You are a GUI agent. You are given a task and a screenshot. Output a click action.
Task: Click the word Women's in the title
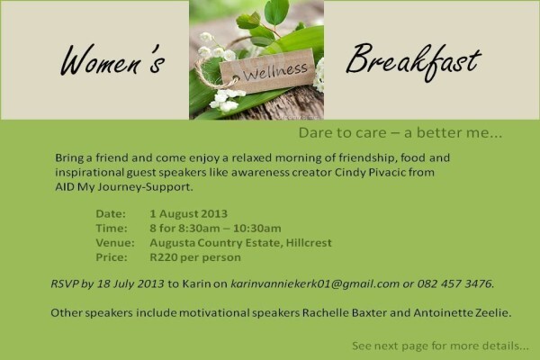coord(112,60)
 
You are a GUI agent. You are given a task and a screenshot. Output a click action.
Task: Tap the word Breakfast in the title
coord(413,62)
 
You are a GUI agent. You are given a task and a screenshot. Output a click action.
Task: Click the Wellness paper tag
coord(267,71)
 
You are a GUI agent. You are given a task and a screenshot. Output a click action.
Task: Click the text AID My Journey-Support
coord(124,187)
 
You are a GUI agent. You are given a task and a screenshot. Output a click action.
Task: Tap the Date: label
coord(111,214)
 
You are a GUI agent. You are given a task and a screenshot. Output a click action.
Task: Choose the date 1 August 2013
coord(188,214)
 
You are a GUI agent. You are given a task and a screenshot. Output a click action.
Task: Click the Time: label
coord(112,229)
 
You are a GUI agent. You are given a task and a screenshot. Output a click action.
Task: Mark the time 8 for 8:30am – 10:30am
coord(215,229)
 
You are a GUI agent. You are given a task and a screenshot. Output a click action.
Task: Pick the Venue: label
coord(115,243)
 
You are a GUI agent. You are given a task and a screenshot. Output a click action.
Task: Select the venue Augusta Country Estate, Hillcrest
coord(240,243)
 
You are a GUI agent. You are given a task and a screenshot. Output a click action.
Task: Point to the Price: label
coord(112,257)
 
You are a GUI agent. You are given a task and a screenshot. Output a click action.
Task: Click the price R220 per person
coord(195,257)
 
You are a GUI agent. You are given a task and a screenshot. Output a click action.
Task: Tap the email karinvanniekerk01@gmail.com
coord(315,283)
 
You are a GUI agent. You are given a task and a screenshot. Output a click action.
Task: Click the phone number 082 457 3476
coord(455,283)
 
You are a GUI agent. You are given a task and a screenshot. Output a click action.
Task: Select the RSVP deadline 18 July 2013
coord(130,283)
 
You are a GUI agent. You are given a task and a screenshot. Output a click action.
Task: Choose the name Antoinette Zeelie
coord(462,313)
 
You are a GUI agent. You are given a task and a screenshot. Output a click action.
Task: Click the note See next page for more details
coord(440,346)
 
